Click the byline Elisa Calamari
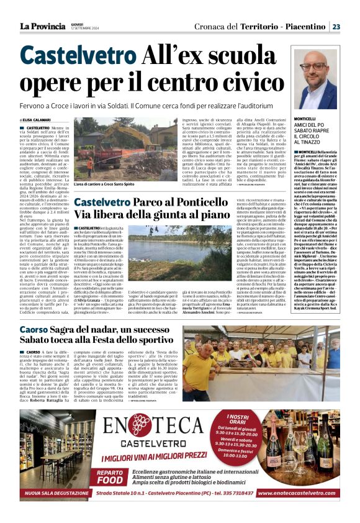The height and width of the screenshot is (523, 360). coord(39,120)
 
